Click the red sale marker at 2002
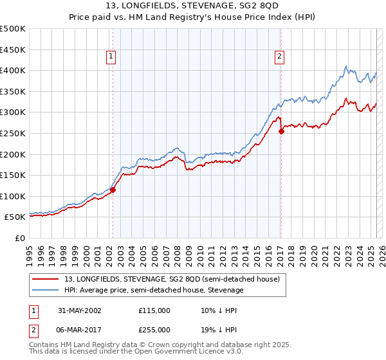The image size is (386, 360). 113,190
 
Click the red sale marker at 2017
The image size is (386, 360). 281,131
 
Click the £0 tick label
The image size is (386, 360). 19,238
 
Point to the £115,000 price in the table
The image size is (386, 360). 154,310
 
